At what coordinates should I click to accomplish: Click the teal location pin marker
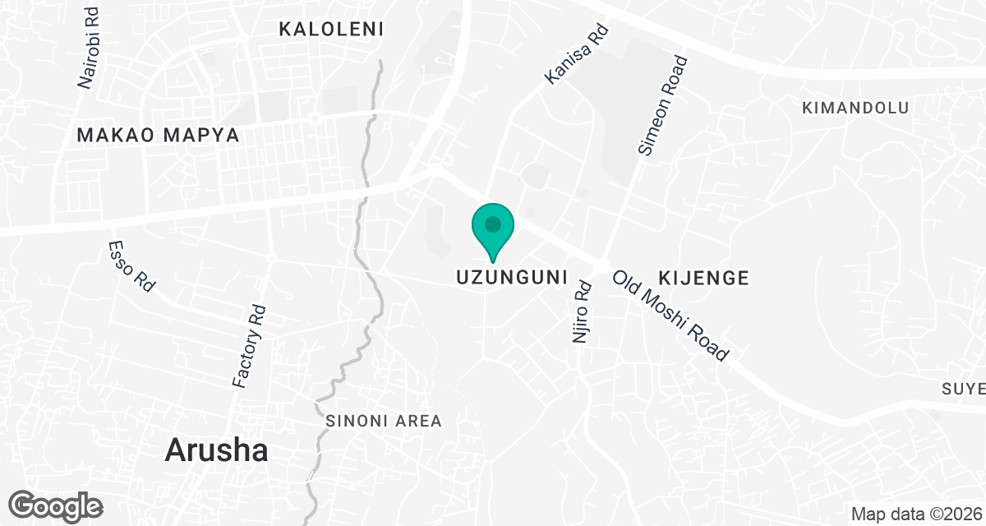click(x=493, y=231)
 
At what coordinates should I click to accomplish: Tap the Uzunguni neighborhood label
click(x=513, y=279)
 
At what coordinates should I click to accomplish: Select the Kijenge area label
click(x=703, y=279)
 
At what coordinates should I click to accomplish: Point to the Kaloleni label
click(x=331, y=30)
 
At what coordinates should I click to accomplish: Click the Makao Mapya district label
click(x=159, y=136)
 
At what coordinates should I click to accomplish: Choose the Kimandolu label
click(x=855, y=108)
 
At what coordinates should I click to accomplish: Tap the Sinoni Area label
click(x=384, y=422)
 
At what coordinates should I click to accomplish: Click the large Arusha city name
click(x=217, y=450)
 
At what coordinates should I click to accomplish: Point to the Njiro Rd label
click(x=583, y=312)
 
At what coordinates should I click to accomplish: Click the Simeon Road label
click(x=662, y=105)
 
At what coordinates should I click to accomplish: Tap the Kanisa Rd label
click(x=577, y=54)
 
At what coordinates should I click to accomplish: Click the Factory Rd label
click(x=250, y=346)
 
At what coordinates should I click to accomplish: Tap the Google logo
click(x=56, y=505)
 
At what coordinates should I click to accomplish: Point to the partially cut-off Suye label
click(x=963, y=388)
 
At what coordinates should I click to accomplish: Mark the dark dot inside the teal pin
click(x=493, y=224)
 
